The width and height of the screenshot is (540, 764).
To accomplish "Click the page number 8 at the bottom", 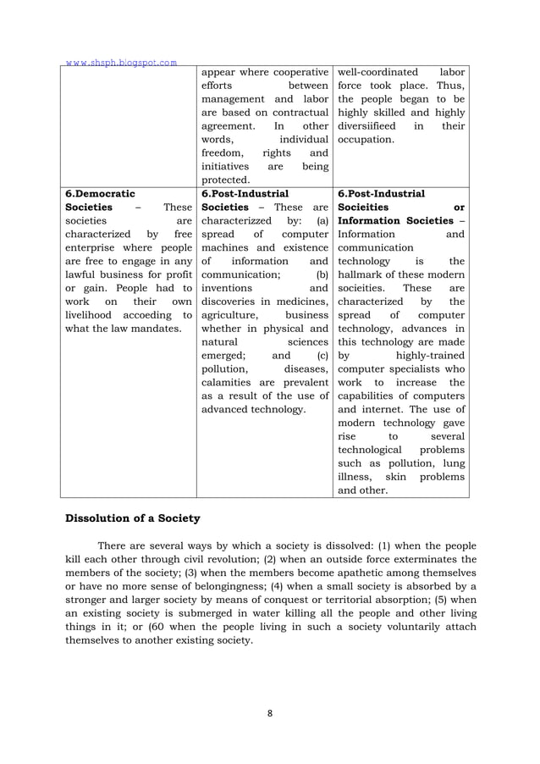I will [x=269, y=713].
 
